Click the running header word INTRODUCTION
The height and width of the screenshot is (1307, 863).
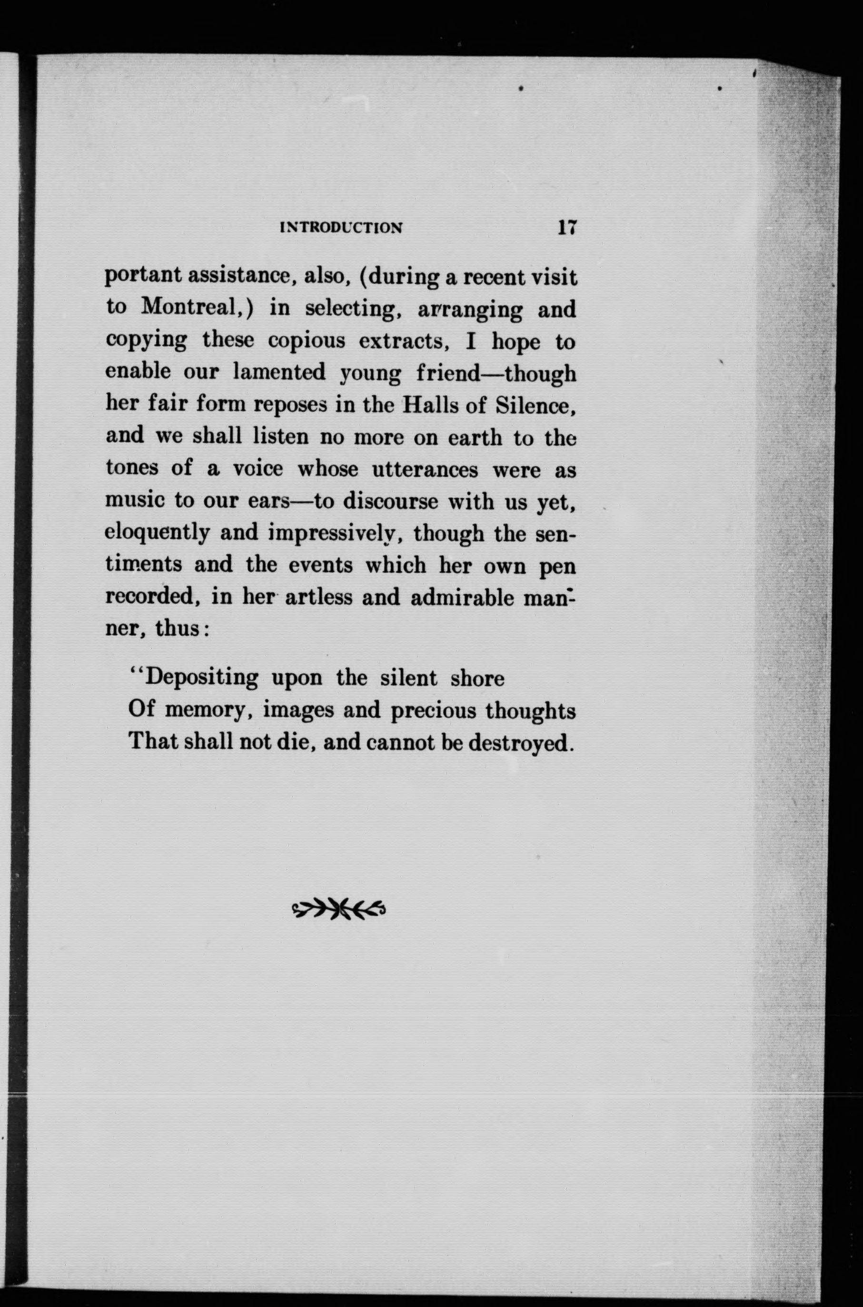[x=341, y=228]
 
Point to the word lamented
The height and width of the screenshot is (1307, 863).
[x=279, y=373]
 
